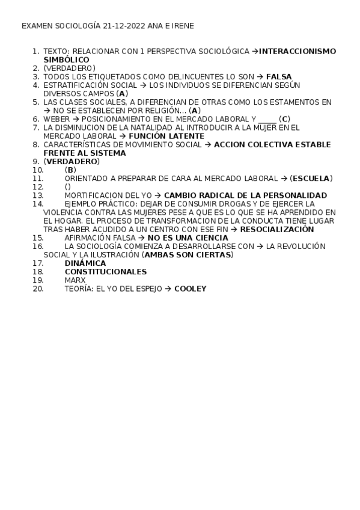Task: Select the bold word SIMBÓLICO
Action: tap(66, 60)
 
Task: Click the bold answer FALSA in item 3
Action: tap(278, 77)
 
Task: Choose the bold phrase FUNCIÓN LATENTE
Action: tap(166, 137)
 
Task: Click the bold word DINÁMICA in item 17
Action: tap(85, 263)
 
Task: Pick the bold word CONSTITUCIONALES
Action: tap(105, 272)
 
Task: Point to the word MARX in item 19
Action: tap(75, 280)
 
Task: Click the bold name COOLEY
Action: tap(190, 289)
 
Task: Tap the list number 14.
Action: tap(38, 204)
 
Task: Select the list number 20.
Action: tap(38, 289)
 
